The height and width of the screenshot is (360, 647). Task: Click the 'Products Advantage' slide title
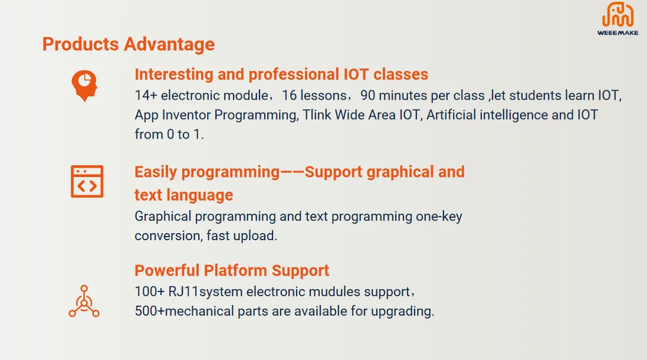point(128,44)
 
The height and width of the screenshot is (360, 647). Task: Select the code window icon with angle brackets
point(87,181)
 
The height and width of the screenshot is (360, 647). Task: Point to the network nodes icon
point(84,302)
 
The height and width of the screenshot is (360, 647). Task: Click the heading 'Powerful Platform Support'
point(232,271)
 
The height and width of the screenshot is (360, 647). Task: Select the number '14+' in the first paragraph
point(146,96)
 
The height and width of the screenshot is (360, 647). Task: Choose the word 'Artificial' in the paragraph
point(451,115)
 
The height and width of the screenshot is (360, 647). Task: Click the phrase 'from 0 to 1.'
point(169,135)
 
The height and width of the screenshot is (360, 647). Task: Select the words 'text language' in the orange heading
point(183,195)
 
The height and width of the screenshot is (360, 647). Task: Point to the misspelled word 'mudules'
point(333,292)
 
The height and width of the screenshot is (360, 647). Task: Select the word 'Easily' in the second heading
point(156,172)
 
